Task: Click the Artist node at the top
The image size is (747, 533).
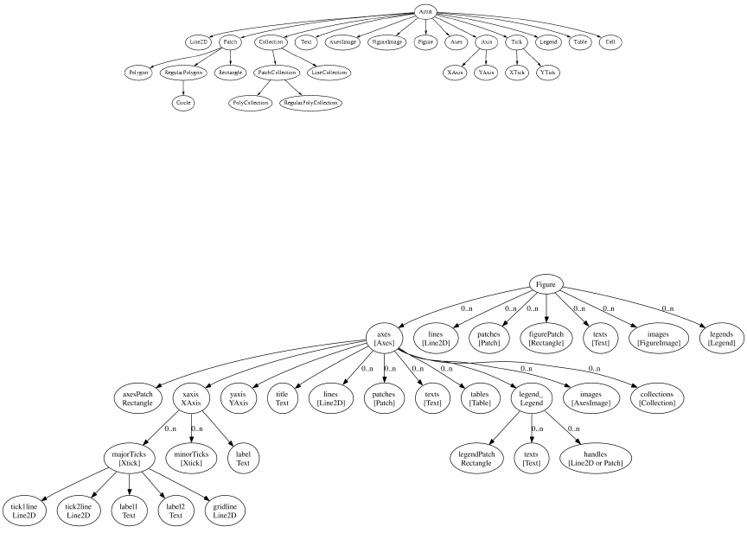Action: click(425, 13)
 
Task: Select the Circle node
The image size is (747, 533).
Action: click(182, 102)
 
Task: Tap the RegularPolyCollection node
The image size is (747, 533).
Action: click(310, 102)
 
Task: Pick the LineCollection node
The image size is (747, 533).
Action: click(329, 73)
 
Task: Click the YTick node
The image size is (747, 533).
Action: click(547, 73)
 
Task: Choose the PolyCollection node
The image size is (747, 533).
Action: click(251, 102)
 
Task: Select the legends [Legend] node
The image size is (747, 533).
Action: click(721, 338)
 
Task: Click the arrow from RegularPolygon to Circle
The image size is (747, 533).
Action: click(182, 87)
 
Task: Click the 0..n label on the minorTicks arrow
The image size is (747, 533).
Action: click(197, 428)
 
